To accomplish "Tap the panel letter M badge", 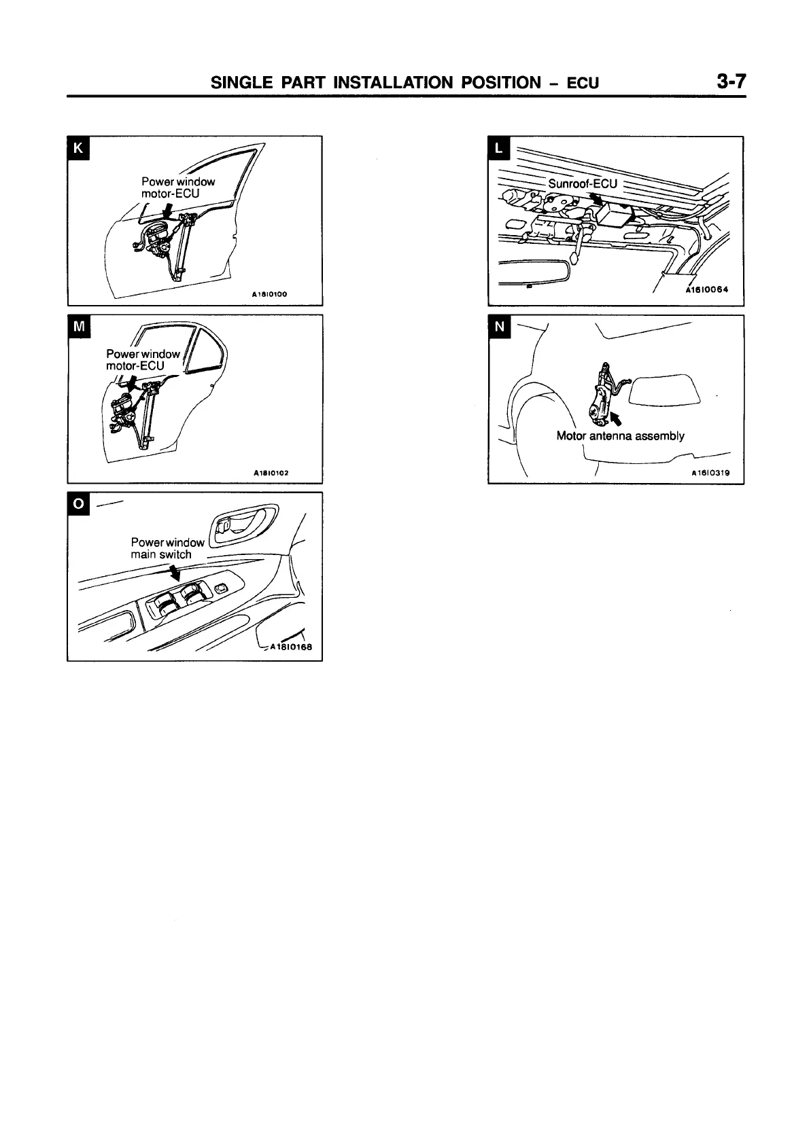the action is click(78, 326).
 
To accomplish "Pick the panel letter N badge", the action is click(499, 327).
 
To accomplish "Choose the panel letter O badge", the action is click(78, 504).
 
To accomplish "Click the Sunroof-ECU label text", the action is click(583, 183).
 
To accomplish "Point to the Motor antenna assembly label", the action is click(620, 436).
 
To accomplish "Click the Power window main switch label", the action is click(167, 548).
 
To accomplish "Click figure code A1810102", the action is click(271, 473).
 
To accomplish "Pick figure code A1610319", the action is click(710, 473).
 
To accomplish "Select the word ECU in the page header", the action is click(583, 84).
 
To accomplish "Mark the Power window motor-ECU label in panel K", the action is click(177, 187).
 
